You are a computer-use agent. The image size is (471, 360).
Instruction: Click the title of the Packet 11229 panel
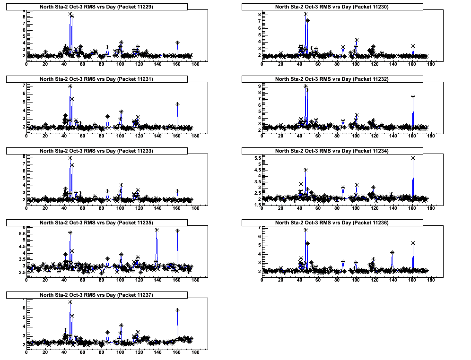pyautogui.click(x=96, y=7)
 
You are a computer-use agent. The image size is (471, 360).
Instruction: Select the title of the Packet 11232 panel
pyautogui.click(x=332, y=79)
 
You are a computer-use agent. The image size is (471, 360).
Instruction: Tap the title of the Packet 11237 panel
pyautogui.click(x=96, y=295)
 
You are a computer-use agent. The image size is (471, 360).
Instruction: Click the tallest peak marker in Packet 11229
pyautogui.click(x=70, y=14)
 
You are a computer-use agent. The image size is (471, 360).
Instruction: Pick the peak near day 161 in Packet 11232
pyautogui.click(x=413, y=97)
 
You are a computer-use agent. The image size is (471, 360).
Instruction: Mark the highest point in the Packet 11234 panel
pyautogui.click(x=413, y=158)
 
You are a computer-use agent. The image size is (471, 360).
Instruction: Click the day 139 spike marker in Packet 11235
pyautogui.click(x=157, y=230)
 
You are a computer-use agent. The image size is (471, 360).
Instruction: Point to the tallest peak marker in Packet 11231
pyautogui.click(x=70, y=86)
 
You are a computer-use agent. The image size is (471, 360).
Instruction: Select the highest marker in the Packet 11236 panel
pyautogui.click(x=305, y=230)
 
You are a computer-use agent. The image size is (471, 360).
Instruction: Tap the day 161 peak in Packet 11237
pyautogui.click(x=177, y=310)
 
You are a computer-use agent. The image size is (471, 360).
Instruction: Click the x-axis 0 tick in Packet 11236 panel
pyautogui.click(x=262, y=281)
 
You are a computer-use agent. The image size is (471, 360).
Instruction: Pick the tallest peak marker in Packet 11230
pyautogui.click(x=305, y=14)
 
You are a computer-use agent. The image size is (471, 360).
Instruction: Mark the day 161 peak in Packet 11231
pyautogui.click(x=177, y=104)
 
